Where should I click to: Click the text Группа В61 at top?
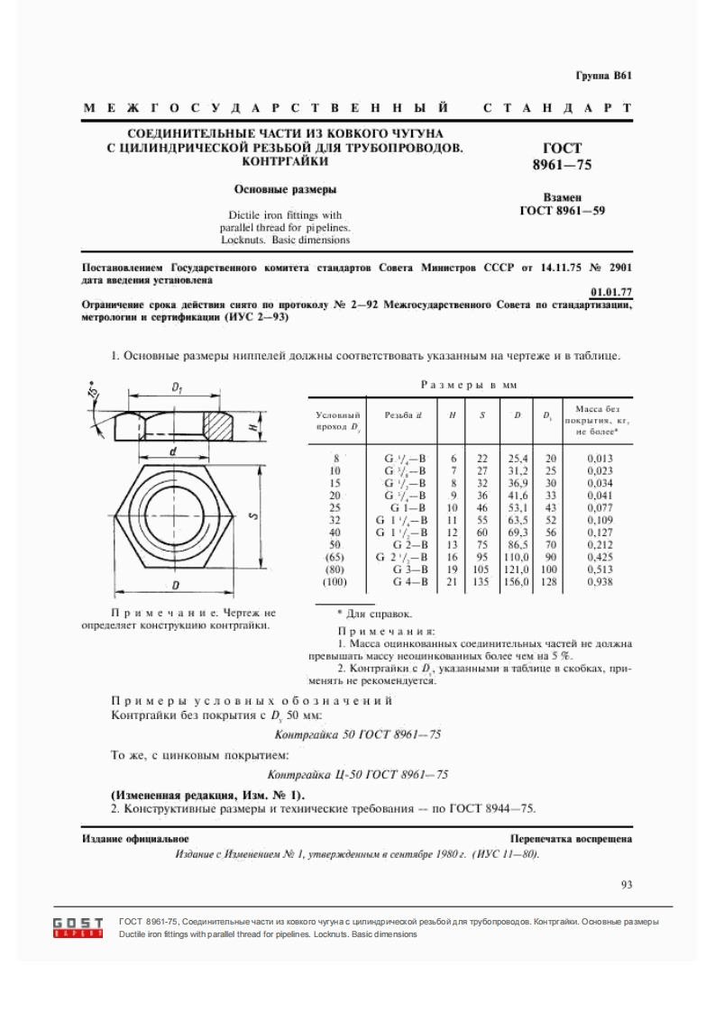click(603, 76)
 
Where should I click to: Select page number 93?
click(627, 884)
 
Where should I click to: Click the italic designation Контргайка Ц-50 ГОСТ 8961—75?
click(359, 774)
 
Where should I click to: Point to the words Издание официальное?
click(123, 839)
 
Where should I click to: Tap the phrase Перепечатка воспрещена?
click(570, 839)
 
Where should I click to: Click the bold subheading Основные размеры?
click(286, 190)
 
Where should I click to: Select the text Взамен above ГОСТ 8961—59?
click(562, 196)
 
